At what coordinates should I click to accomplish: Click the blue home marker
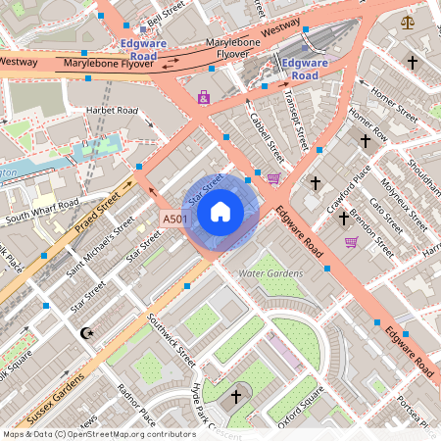(220, 211)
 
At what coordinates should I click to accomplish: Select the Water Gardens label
(271, 272)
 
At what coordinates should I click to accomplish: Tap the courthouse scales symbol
(407, 21)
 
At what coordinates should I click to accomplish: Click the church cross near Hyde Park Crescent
(234, 397)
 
